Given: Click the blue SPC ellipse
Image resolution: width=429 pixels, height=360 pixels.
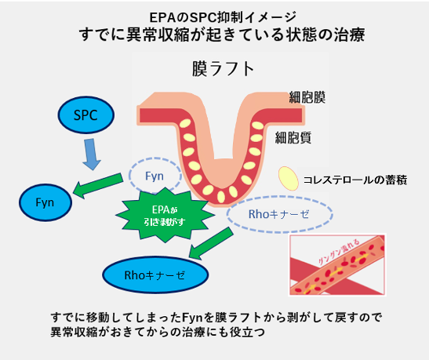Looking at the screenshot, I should [86, 115].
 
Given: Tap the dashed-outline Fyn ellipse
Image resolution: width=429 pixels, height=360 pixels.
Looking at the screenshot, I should [154, 175].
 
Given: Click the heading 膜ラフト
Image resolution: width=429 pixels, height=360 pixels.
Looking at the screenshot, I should [223, 69].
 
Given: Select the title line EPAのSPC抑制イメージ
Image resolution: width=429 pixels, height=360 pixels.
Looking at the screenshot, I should [214, 16].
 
